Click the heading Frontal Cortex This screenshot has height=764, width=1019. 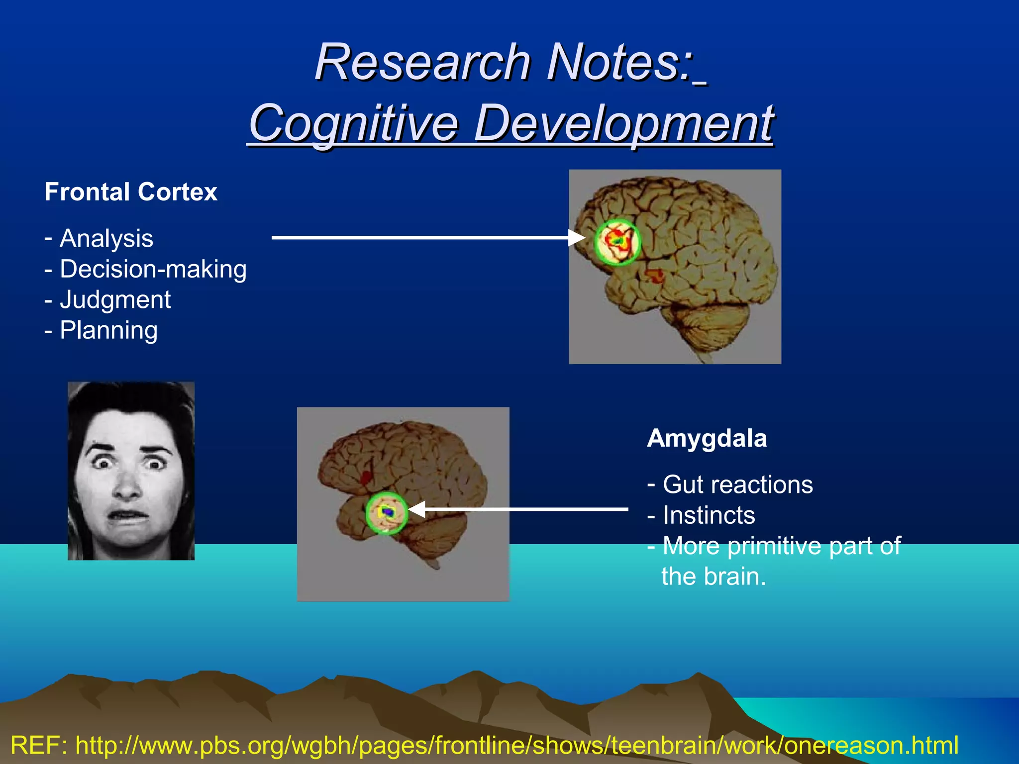(x=131, y=192)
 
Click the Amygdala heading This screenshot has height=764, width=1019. (x=707, y=439)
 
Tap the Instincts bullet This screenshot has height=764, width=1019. (x=709, y=515)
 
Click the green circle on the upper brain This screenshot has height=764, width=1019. (x=617, y=242)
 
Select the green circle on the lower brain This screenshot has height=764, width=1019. (x=387, y=513)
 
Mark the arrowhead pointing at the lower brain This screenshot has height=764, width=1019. (x=416, y=509)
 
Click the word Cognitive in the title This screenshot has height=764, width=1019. (x=353, y=123)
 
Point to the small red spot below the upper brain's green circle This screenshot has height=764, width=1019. (x=655, y=275)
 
